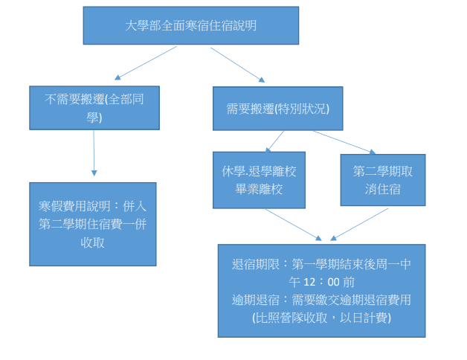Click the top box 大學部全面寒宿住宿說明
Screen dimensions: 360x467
click(x=190, y=26)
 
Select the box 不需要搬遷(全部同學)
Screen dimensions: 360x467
click(x=94, y=108)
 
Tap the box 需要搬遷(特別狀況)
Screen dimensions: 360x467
click(x=277, y=109)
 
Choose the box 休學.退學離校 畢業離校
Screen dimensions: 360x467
click(x=259, y=180)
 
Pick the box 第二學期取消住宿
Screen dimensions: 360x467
click(x=382, y=180)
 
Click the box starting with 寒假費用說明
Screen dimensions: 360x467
click(x=93, y=223)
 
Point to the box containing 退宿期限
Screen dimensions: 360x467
click(x=321, y=290)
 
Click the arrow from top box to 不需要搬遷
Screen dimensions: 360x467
click(x=146, y=62)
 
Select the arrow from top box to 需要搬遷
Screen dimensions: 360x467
click(x=237, y=63)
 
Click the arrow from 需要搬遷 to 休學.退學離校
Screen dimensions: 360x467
click(x=275, y=141)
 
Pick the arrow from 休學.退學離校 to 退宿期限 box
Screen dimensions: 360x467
click(x=293, y=224)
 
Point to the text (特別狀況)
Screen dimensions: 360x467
click(x=302, y=109)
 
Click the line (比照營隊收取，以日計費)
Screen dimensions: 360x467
click(x=321, y=318)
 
